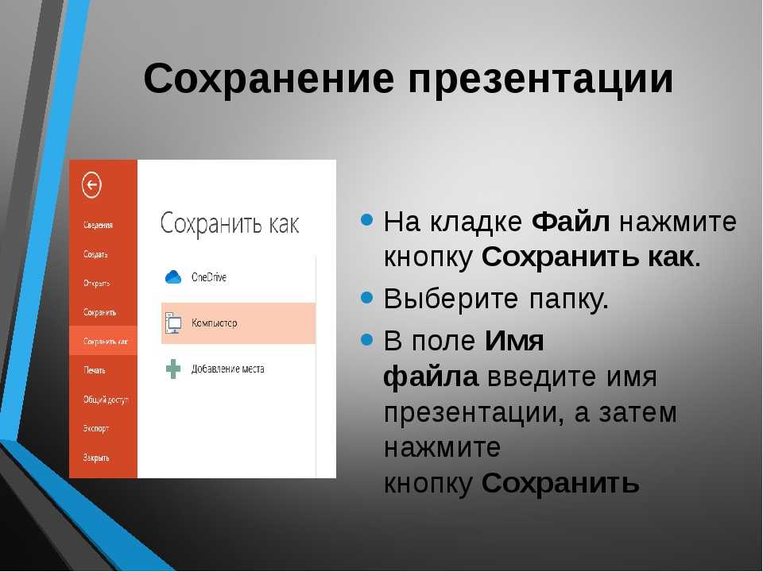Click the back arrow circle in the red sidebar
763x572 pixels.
91,185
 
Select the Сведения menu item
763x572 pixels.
98,225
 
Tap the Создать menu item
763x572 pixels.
95,254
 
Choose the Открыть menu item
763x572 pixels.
96,283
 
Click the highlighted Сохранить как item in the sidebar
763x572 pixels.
105,342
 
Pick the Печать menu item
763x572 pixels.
94,370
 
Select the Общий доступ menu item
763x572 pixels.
106,400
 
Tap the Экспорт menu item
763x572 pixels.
96,428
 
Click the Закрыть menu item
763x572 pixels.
96,458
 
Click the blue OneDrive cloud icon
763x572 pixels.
173,277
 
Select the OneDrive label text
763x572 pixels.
209,277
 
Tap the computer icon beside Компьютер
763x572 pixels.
173,323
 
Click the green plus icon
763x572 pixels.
173,369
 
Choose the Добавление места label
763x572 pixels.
228,369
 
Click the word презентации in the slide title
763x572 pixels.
540,81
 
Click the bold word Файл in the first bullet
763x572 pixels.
571,222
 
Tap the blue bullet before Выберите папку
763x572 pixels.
367,296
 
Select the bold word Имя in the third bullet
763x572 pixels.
514,341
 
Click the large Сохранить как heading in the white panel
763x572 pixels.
230,224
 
